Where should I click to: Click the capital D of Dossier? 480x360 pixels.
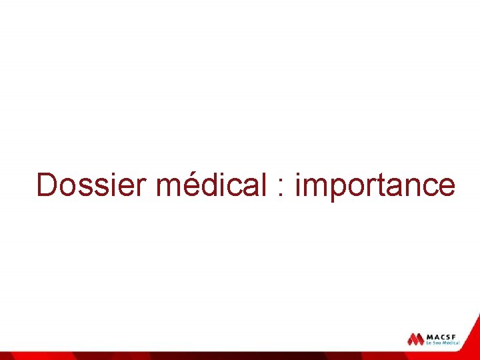(x=47, y=185)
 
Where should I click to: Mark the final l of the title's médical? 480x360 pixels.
(x=265, y=185)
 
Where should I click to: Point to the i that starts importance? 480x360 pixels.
(x=298, y=185)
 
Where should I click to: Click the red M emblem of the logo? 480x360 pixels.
(x=416, y=339)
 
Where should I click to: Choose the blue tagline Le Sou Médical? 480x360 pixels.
(x=443, y=343)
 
